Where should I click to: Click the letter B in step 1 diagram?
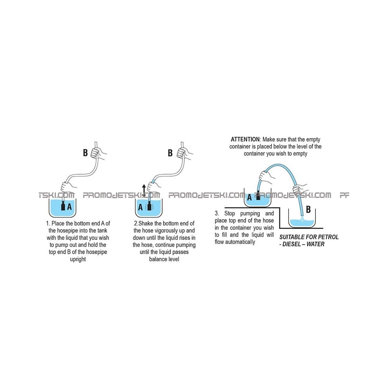pyautogui.click(x=85, y=152)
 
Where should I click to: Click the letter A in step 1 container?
pyautogui.click(x=69, y=206)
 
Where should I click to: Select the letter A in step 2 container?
pyautogui.click(x=140, y=207)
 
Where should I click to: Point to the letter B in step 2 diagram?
pyautogui.click(x=170, y=152)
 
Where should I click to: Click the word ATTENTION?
pyautogui.click(x=245, y=139)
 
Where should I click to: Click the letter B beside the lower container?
pyautogui.click(x=308, y=210)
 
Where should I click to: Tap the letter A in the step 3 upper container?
pyautogui.click(x=249, y=197)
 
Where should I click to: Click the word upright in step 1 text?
pyautogui.click(x=78, y=259)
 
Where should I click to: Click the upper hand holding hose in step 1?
pyautogui.click(x=98, y=153)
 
